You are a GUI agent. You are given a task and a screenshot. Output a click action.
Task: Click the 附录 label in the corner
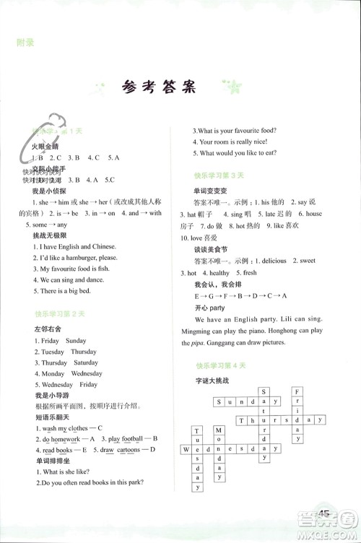[26, 43]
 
